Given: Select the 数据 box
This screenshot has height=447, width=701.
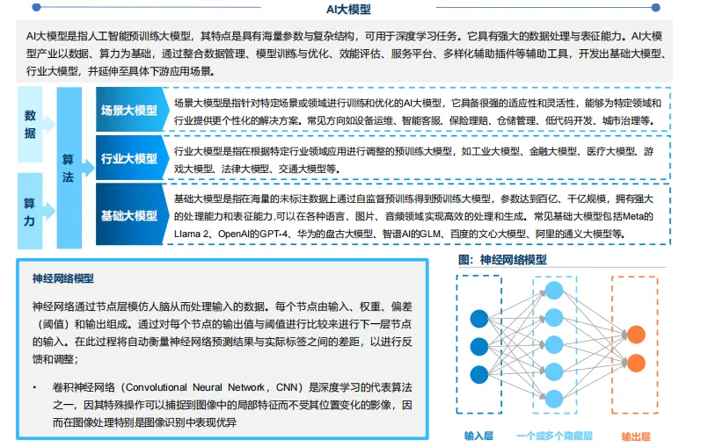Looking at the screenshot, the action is pyautogui.click(x=30, y=126).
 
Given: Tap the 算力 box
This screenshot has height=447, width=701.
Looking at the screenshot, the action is pyautogui.click(x=30, y=211).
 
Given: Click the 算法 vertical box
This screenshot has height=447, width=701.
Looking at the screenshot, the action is pyautogui.click(x=68, y=167).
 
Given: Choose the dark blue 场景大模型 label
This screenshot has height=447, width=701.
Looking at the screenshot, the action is pyautogui.click(x=128, y=111).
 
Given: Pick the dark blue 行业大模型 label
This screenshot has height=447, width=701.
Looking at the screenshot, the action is pyautogui.click(x=128, y=159).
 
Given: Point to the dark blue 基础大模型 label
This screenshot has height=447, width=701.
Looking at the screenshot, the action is pyautogui.click(x=128, y=215).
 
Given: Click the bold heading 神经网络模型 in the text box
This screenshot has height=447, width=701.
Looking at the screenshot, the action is pyautogui.click(x=62, y=278).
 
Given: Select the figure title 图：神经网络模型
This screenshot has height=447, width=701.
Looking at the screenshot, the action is pyautogui.click(x=502, y=260).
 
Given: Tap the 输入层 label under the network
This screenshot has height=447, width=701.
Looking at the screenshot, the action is pyautogui.click(x=479, y=435).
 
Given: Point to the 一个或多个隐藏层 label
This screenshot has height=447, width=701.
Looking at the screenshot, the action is pyautogui.click(x=554, y=435).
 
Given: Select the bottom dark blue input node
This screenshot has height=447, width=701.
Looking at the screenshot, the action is pyautogui.click(x=479, y=371).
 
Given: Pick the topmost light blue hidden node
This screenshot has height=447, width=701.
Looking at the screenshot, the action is pyautogui.click(x=554, y=291).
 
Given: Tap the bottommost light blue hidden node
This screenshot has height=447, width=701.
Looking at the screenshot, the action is pyautogui.click(x=554, y=396).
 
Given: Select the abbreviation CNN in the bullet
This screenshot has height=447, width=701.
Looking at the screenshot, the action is pyautogui.click(x=282, y=386).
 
